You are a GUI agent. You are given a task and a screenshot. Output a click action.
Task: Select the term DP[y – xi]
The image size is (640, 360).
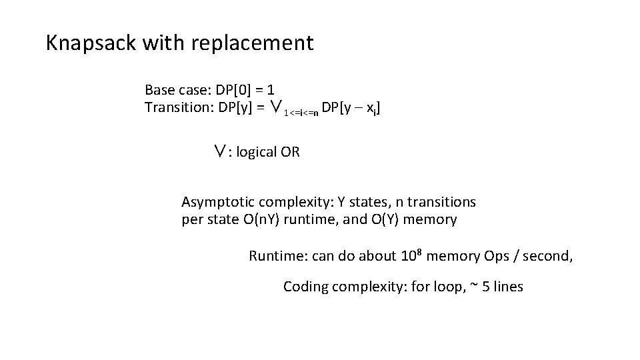pyautogui.click(x=353, y=107)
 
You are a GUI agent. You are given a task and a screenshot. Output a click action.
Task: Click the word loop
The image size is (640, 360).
pyautogui.click(x=444, y=287)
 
